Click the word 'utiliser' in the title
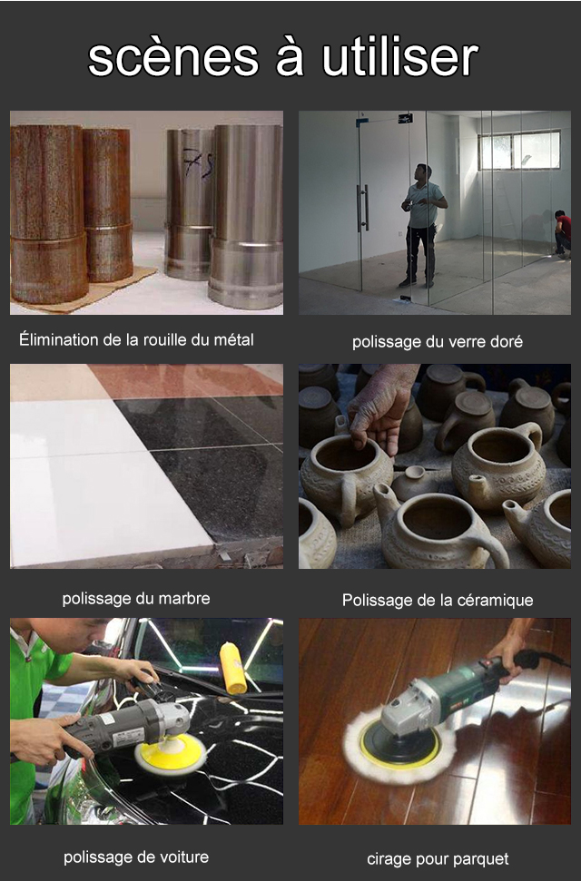(400, 58)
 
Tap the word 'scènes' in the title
(172, 58)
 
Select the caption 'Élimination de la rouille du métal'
(136, 339)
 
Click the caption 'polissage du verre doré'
(437, 342)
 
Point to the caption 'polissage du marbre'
(136, 599)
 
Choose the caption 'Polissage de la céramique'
(437, 600)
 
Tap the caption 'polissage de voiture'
(136, 857)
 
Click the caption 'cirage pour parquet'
(437, 859)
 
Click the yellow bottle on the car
(232, 668)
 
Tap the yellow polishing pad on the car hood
(171, 753)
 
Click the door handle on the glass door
(363, 208)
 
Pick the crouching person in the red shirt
(563, 234)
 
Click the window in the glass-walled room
(518, 150)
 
